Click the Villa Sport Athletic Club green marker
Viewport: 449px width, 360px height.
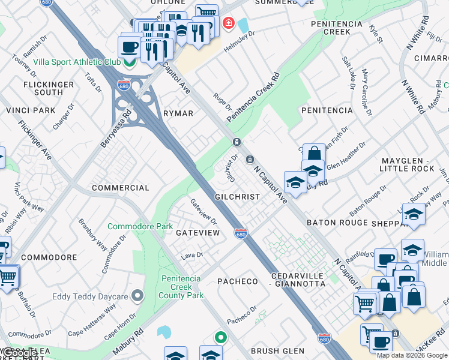click(129, 62)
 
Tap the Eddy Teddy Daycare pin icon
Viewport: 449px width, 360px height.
click(138, 296)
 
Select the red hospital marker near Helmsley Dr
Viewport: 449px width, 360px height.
click(228, 24)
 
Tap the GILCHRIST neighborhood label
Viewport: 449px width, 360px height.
click(238, 197)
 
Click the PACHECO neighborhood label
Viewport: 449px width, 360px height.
click(237, 281)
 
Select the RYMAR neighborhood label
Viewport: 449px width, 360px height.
click(178, 113)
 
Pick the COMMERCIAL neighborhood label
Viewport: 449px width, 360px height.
click(120, 188)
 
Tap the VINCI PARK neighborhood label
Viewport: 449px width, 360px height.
click(31, 110)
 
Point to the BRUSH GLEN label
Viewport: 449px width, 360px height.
click(277, 351)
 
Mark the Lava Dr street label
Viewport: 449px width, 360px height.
click(192, 255)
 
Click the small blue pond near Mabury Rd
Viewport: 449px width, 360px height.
click(163, 332)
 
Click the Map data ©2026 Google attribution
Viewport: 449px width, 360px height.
click(412, 355)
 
